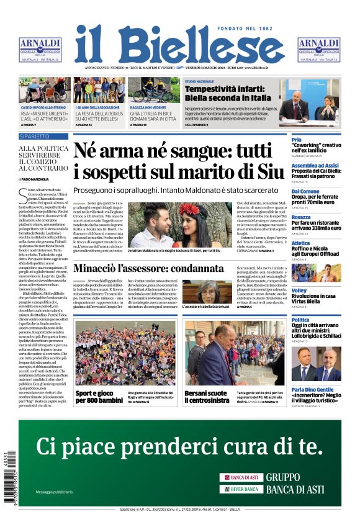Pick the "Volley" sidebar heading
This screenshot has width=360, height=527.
[x=299, y=291]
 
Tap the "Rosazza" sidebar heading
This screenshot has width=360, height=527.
[x=301, y=217]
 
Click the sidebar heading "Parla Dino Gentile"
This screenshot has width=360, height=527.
[x=315, y=390]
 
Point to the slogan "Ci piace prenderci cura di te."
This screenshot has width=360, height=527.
[x=179, y=446]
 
